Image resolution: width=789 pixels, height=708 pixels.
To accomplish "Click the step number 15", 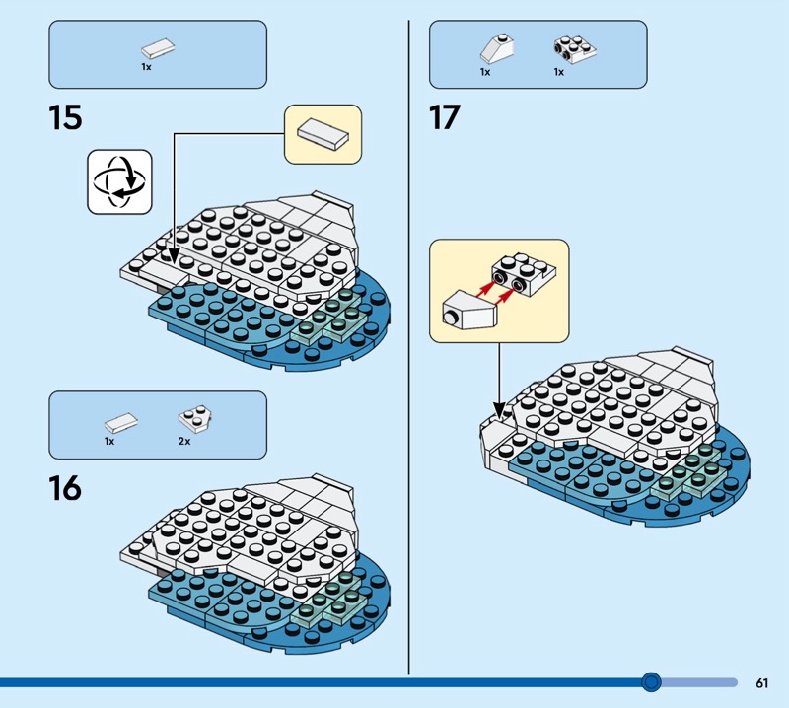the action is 65,117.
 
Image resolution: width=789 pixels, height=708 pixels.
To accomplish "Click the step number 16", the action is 65,488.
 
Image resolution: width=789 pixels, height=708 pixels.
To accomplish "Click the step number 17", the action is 445,117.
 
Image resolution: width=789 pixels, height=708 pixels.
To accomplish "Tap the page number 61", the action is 761,682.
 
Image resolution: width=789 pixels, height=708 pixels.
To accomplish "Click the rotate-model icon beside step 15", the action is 119,181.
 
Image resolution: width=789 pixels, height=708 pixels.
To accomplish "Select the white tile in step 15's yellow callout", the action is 323,134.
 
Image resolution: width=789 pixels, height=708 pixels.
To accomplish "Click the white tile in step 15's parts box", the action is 158,48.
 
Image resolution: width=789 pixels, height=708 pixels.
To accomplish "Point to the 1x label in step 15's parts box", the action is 146,67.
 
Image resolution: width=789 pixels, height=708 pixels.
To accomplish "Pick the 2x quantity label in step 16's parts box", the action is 184,442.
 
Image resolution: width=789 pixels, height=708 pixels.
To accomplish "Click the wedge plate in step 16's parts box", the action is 194,419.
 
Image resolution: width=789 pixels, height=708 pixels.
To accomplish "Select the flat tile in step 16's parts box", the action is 121,423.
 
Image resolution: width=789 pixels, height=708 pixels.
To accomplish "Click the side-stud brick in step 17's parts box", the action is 575,49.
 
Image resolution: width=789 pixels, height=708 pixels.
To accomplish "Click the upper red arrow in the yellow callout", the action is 483,289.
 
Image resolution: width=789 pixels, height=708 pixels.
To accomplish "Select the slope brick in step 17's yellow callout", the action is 469,309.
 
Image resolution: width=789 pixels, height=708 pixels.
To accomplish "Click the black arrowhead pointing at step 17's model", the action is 499,409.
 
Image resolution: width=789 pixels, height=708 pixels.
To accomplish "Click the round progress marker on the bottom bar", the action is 652,682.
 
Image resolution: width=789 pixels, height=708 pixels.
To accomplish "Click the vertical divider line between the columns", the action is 408,347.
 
